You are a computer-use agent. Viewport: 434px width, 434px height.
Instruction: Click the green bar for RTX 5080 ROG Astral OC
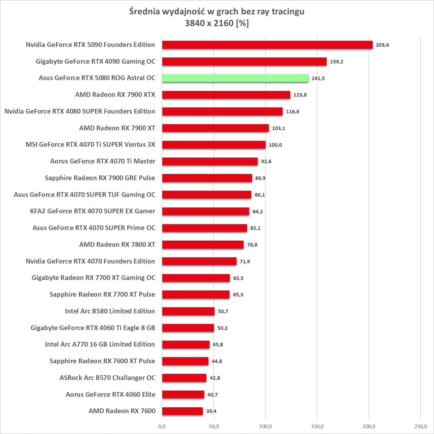coord(235,78)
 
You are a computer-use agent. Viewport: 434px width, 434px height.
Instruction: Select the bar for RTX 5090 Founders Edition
coord(267,45)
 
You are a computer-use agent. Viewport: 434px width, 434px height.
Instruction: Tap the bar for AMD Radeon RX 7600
coord(182,411)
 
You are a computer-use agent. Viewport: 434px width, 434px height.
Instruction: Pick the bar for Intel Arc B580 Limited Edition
coord(188,311)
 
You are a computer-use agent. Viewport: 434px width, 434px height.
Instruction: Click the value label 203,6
coord(382,45)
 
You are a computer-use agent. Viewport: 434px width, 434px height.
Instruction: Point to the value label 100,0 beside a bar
coord(275,145)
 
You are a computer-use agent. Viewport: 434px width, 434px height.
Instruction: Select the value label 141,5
coord(318,78)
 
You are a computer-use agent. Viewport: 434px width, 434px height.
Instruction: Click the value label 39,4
coord(211,411)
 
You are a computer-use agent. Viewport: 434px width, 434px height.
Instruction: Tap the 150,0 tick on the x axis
coord(317,426)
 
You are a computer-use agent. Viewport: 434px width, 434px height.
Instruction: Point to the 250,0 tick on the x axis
coord(420,426)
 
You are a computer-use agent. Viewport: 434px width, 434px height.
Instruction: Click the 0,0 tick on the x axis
coord(162,426)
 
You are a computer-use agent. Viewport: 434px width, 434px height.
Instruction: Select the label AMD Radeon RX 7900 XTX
coord(115,95)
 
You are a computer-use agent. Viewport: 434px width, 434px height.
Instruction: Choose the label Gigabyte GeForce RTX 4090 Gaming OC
coord(95,61)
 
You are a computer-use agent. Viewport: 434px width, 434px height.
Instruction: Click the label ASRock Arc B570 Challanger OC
coord(107,378)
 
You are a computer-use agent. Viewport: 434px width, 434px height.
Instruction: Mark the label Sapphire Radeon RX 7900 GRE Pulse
coord(100,178)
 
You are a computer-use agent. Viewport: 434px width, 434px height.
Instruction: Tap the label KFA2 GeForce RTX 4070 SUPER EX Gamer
coord(93,211)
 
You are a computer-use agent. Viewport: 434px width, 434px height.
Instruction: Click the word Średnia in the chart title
coord(144,12)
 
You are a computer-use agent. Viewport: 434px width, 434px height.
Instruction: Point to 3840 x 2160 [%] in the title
coord(216,23)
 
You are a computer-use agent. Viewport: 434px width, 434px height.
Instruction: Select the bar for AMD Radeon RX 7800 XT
coord(203,245)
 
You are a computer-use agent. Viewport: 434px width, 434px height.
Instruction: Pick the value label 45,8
coord(218,344)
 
